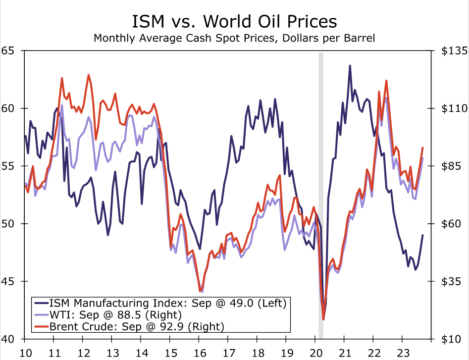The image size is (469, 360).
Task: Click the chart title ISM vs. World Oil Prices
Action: [234, 22]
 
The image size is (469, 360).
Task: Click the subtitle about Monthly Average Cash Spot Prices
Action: [234, 38]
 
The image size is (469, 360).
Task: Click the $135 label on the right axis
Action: [450, 51]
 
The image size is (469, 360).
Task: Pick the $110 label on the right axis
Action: [450, 108]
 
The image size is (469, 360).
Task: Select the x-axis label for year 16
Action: [200, 352]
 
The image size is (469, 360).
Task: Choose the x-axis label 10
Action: [26, 352]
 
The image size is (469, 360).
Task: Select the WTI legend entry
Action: [114, 314]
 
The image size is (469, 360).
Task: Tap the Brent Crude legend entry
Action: [136, 326]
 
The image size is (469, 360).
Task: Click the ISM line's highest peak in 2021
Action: [350, 65]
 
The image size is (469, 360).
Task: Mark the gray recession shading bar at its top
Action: [321, 53]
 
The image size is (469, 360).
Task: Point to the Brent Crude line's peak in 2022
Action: [386, 81]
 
